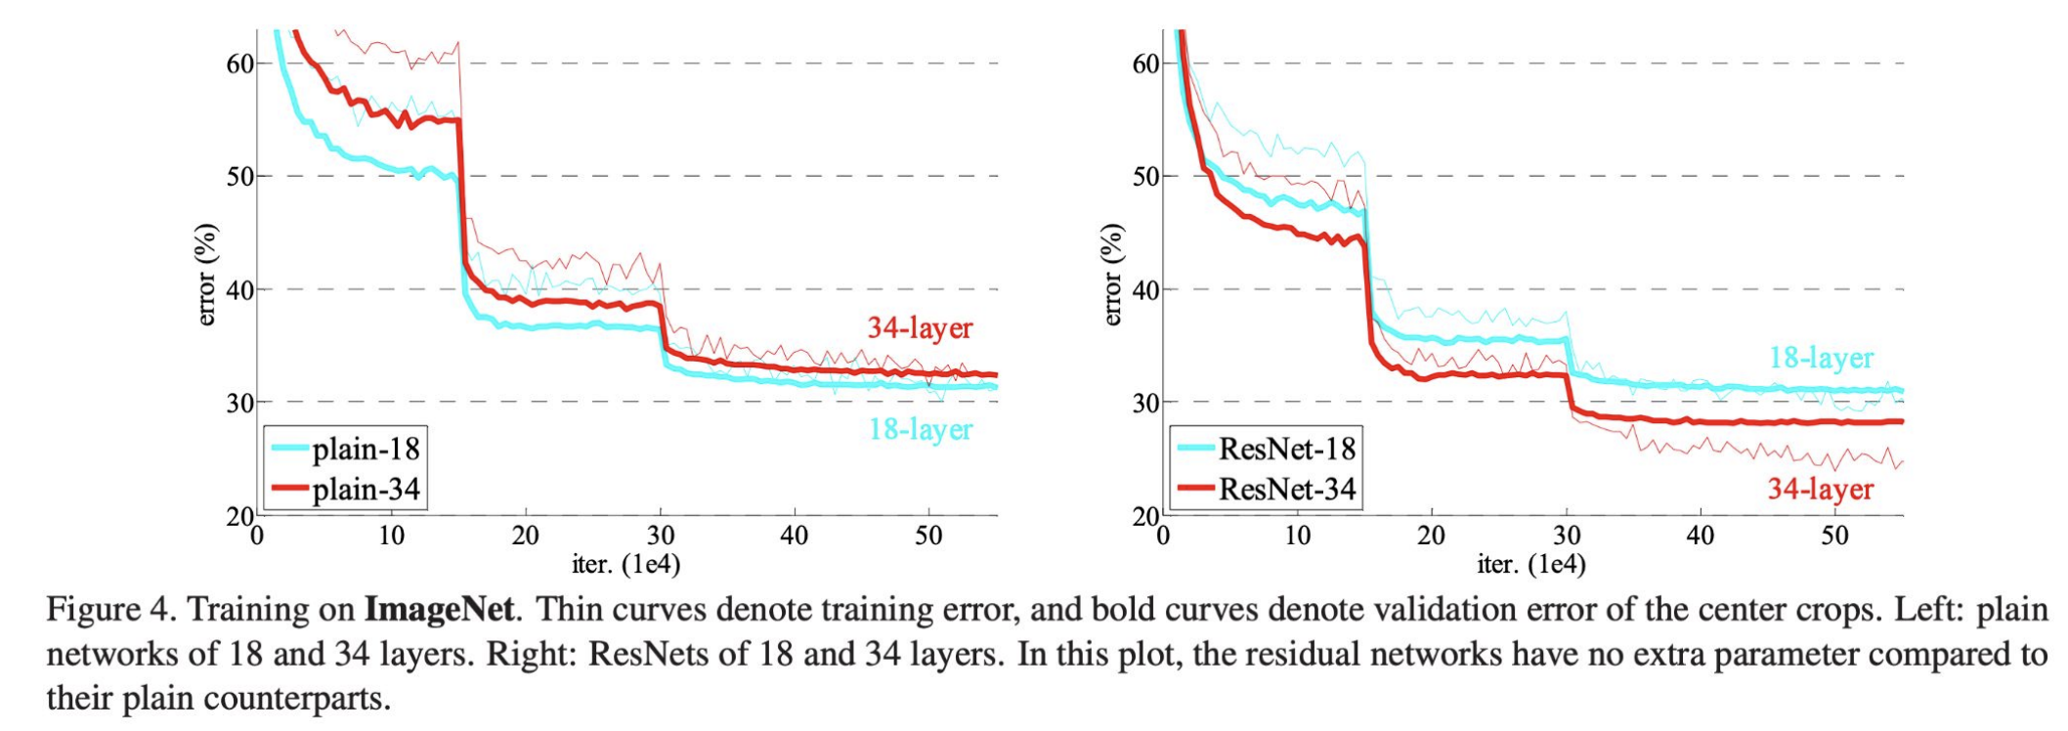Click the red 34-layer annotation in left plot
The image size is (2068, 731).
pos(920,328)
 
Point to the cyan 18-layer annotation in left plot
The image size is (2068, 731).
pos(920,429)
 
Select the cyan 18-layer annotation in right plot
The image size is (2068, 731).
pos(1821,358)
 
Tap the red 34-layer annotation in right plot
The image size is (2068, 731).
pos(1820,489)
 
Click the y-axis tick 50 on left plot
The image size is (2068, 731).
pos(240,177)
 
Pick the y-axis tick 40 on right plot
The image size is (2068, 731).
pos(1146,290)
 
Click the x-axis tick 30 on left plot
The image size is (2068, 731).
pos(660,536)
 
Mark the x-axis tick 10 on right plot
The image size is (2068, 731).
pos(1297,536)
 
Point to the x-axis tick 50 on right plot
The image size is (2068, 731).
pos(1834,536)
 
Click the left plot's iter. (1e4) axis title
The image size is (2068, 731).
pos(625,564)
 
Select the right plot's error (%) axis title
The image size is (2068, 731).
pos(1112,275)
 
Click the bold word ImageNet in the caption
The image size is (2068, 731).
pos(439,610)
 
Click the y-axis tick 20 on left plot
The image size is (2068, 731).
pos(240,516)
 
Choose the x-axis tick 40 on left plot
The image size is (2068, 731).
pos(794,536)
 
